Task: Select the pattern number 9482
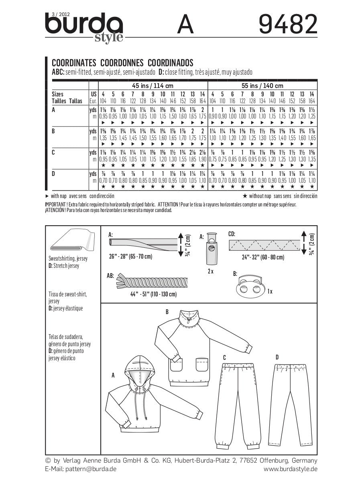click(288, 25)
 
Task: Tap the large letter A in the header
click(185, 26)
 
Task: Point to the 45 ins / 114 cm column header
click(153, 86)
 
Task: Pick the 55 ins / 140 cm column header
click(262, 86)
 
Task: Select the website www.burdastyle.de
click(291, 469)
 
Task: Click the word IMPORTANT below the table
click(56, 204)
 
